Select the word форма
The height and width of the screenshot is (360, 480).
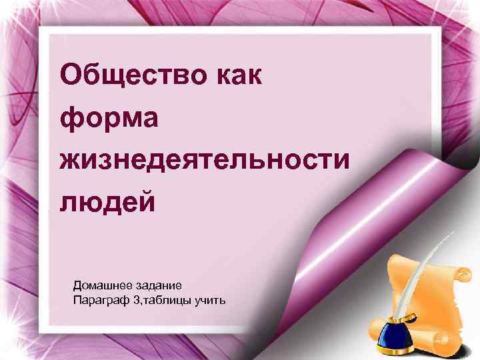(109, 119)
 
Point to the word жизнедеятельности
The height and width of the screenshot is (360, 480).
(204, 160)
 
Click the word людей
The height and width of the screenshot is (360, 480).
(107, 201)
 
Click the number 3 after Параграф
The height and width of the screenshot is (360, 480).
(136, 301)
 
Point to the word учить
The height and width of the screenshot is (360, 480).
(210, 301)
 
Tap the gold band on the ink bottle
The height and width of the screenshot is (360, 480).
(394, 329)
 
